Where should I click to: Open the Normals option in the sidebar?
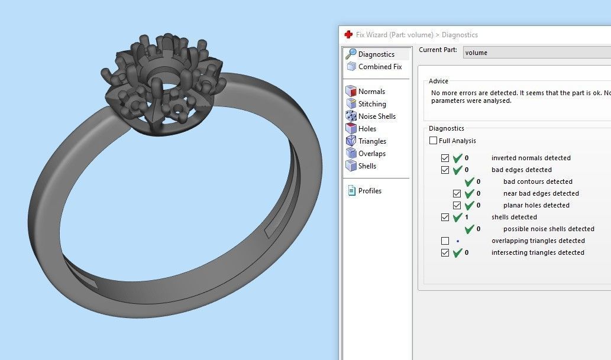click(x=371, y=92)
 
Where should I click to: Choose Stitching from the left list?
click(x=372, y=104)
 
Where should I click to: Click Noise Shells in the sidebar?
click(x=377, y=116)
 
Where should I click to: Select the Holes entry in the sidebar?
click(x=367, y=129)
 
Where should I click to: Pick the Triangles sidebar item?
click(x=372, y=141)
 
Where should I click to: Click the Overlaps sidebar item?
click(x=371, y=154)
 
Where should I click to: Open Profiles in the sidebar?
click(x=370, y=191)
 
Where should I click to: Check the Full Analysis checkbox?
click(x=434, y=141)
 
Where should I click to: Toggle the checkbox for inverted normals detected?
click(x=445, y=158)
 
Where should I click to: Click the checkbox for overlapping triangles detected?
click(x=445, y=241)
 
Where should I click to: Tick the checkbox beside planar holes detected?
click(x=457, y=206)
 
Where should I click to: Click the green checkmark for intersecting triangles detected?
click(x=457, y=253)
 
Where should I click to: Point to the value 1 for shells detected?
click(x=467, y=218)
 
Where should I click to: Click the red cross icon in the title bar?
click(x=348, y=35)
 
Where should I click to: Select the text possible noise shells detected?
click(x=548, y=229)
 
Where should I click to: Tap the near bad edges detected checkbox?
click(x=457, y=194)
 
